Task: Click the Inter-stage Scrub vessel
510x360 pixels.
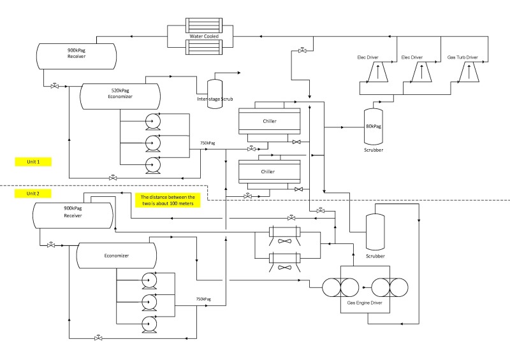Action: point(215,90)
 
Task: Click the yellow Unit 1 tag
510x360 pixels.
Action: point(33,162)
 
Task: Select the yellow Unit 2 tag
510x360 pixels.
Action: point(33,193)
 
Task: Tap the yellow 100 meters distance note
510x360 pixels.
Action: point(168,200)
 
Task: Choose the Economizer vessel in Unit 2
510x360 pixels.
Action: point(117,255)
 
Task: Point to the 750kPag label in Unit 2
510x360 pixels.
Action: point(203,299)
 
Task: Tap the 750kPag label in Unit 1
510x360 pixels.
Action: point(207,143)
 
